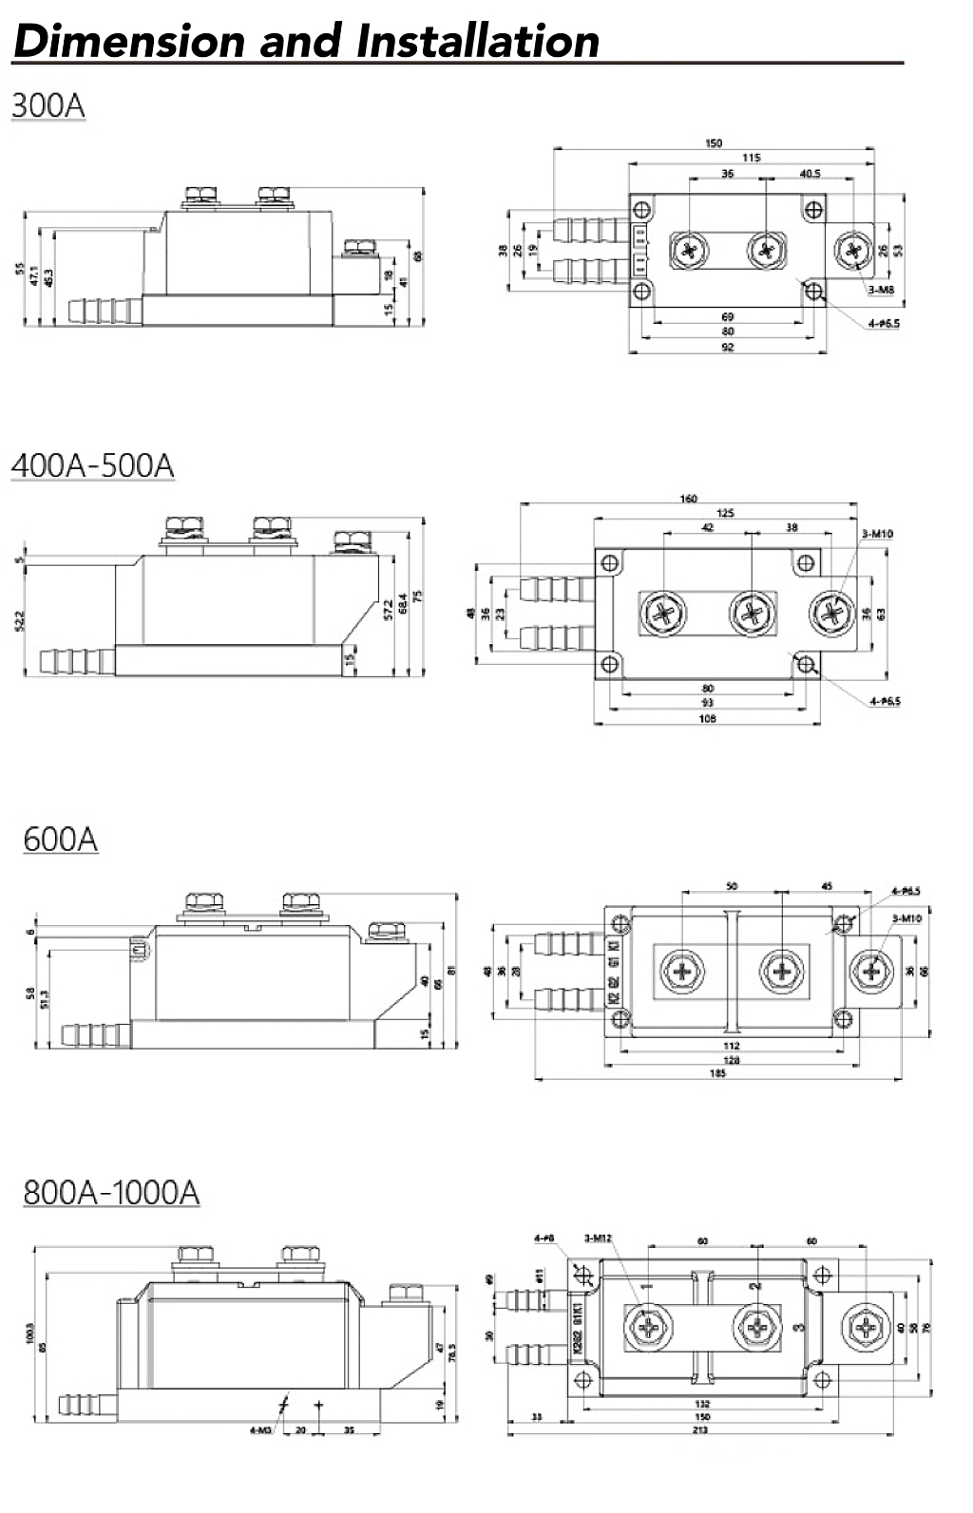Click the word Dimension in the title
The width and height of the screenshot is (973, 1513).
(129, 41)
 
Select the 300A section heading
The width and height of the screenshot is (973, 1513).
(48, 105)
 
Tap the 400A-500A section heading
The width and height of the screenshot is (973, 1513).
(92, 466)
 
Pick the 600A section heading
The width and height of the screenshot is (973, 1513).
(60, 840)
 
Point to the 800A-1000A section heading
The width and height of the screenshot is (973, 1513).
(111, 1192)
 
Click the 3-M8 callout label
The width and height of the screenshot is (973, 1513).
(880, 290)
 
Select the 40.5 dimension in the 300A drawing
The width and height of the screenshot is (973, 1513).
(810, 174)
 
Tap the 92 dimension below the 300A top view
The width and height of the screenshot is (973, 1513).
(728, 348)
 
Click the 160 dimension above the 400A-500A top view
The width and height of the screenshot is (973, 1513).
(689, 499)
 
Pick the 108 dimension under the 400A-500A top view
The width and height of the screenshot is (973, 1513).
(707, 719)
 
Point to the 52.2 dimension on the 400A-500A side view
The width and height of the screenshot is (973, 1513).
(21, 620)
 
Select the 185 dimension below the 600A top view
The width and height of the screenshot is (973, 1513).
(717, 1073)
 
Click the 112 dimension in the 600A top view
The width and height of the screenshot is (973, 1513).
(731, 1046)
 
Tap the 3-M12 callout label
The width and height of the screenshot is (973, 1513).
(598, 1239)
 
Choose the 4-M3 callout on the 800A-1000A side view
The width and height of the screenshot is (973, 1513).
(260, 1430)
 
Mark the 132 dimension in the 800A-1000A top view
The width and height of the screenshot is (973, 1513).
(702, 1404)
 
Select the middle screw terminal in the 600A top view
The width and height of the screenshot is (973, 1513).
(781, 971)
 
